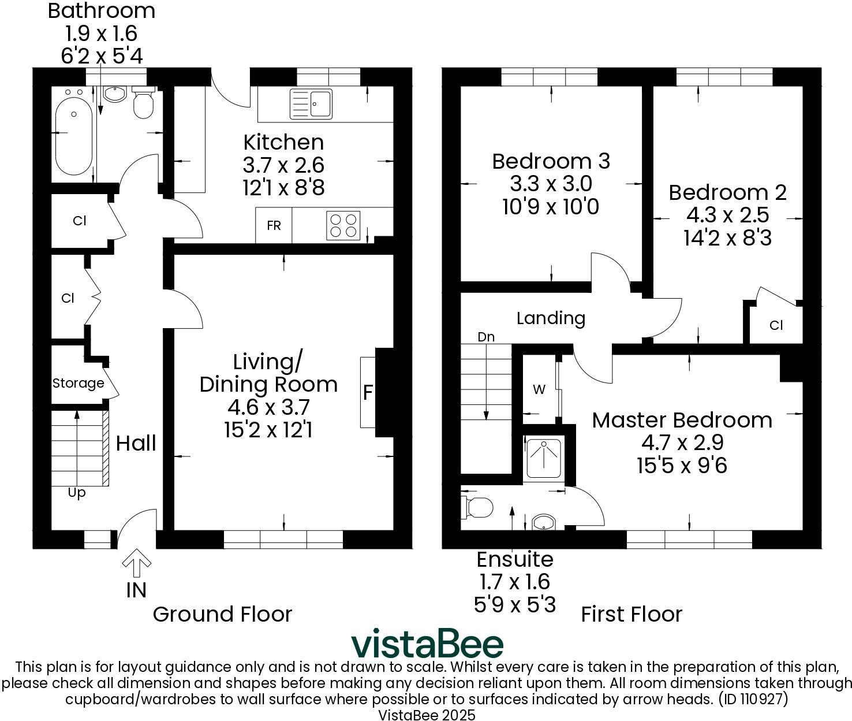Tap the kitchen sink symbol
point(312,104)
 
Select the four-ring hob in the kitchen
point(343,225)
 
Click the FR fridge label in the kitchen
point(274,226)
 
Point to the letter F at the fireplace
point(367,393)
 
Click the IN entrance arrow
point(136,564)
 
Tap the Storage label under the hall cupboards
point(78,383)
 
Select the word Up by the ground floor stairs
point(77,493)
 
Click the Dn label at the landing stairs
point(486,337)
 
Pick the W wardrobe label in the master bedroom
point(539,390)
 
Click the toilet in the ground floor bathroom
point(143,104)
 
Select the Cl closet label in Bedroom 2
point(776,325)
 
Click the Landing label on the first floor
point(551,318)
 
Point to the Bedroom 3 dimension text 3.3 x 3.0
point(551,184)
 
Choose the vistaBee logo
point(427,644)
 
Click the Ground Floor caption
point(222,614)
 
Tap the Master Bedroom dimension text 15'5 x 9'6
point(682,465)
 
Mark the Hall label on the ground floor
point(136,443)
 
